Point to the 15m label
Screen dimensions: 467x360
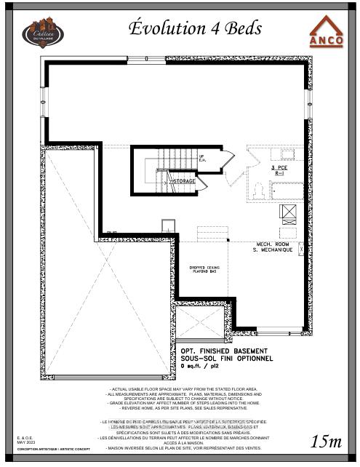(326, 441)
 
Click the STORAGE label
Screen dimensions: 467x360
(183, 180)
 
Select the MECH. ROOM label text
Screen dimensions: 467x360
(274, 244)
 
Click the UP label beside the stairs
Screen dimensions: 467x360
(201, 156)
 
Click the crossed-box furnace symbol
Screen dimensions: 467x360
(288, 212)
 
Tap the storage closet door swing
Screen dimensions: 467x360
(201, 182)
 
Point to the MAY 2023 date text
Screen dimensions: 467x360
(25, 442)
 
